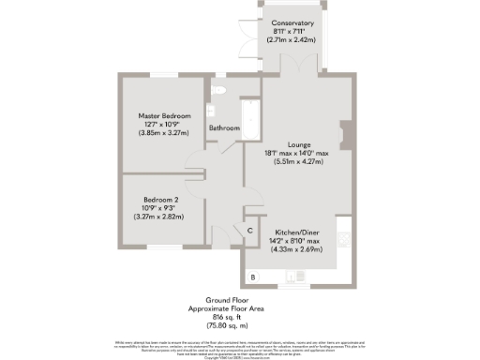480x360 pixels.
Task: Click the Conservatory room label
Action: point(292,23)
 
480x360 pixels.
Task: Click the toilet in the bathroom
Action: point(217,90)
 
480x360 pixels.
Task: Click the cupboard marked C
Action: point(249,230)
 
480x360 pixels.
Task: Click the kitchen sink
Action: point(298,276)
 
